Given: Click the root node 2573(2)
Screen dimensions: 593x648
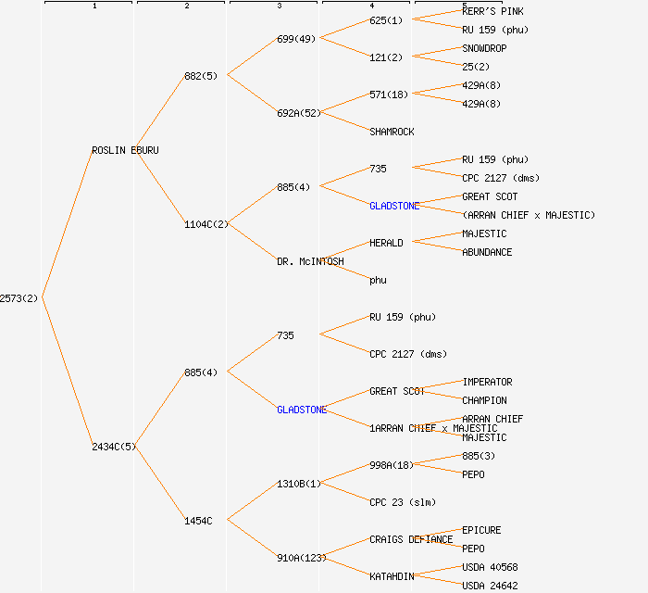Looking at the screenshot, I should pos(19,298).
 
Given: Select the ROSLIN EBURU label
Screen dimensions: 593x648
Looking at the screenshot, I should pos(125,150).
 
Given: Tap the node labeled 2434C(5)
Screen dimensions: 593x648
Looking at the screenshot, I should pos(114,447).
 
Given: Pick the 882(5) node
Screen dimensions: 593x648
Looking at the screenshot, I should pos(201,76).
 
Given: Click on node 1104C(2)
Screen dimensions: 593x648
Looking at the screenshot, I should pos(206,224).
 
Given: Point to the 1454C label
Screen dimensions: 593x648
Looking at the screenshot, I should pos(198,521).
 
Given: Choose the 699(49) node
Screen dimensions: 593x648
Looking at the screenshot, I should pos(296,39).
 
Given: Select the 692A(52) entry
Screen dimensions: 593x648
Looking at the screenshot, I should pos(299,113).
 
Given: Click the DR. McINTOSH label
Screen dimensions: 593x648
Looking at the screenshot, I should pos(310,261).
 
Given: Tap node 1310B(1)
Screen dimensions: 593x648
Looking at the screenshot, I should pos(299,484).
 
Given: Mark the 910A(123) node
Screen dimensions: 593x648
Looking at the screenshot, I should pos(302,558).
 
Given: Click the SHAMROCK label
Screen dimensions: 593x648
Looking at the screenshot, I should pos(392,132).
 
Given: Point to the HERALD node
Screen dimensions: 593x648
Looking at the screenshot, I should pos(386,243).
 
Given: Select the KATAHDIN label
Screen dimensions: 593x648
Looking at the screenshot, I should pos(392,576).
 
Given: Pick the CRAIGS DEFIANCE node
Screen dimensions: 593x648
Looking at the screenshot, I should pos(411,539).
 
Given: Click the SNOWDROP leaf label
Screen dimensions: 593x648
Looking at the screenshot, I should pos(484,48).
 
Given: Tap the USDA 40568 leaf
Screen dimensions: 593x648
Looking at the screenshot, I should pos(490,567).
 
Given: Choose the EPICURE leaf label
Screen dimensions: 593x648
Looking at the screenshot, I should pos(481,530).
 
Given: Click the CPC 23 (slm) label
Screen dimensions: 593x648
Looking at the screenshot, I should pos(403,502).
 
